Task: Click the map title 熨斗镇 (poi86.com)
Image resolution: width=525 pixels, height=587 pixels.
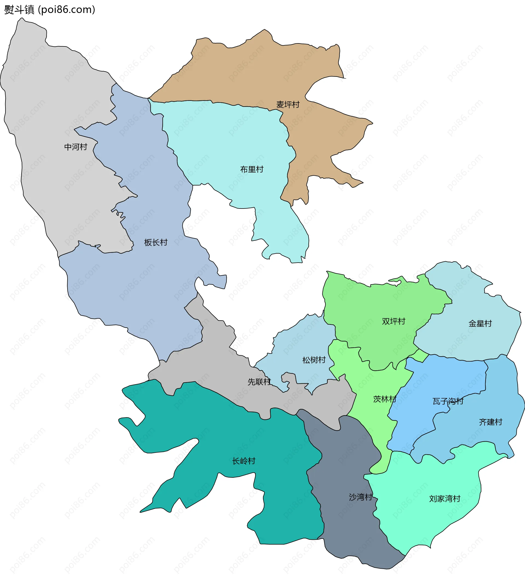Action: point(49,10)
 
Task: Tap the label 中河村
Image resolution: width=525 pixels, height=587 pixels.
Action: point(75,147)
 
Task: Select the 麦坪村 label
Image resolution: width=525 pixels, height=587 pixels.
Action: point(288,104)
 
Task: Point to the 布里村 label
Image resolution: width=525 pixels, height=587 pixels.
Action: point(252,169)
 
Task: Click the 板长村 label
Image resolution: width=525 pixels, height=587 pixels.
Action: point(156,242)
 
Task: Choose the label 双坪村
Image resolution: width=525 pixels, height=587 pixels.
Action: point(393,321)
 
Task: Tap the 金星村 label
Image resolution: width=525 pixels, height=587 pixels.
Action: point(480,324)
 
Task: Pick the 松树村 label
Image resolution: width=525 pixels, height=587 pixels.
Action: point(314,360)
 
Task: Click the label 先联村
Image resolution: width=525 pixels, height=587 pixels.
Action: point(259,382)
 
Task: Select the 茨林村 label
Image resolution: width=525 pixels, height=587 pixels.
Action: point(384,399)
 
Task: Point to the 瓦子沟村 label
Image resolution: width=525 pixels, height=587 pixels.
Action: point(448,401)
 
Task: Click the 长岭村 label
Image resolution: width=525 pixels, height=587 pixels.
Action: point(244,461)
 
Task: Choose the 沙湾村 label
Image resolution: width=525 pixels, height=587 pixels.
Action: point(360,497)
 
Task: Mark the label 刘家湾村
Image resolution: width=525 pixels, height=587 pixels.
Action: point(445,498)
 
